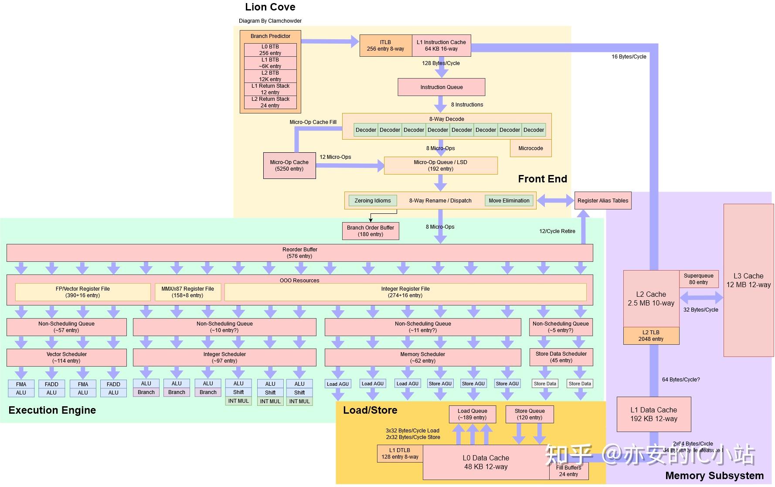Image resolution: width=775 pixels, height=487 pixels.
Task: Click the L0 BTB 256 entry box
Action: pos(270,50)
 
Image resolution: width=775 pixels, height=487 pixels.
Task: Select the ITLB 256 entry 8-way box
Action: pos(385,46)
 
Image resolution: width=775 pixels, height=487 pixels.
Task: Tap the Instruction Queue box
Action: pos(441,87)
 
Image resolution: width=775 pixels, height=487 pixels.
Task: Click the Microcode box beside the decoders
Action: pos(530,148)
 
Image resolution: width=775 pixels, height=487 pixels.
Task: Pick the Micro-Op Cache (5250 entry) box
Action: pos(289,165)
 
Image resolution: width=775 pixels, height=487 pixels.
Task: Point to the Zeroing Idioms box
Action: pos(373,201)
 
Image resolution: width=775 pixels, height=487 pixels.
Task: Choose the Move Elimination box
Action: pos(509,201)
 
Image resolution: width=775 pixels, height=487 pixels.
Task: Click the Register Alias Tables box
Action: pos(603,201)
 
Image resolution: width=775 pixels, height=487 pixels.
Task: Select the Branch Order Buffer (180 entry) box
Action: pos(371,231)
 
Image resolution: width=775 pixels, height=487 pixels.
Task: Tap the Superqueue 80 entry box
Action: pos(698,279)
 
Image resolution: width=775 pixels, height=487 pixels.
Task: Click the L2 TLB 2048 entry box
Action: pos(651,336)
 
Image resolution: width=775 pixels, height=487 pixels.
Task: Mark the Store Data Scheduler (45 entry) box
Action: pos(561,357)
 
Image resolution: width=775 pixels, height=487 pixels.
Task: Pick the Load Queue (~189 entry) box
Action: pos(472,414)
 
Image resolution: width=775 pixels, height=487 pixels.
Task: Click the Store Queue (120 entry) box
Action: pos(530,414)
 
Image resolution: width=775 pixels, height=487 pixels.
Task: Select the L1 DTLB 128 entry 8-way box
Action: pos(400,453)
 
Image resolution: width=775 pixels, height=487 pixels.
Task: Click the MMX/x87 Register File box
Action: pos(188,292)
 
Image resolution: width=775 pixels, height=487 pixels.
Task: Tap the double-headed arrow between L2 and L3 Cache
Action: pos(701,298)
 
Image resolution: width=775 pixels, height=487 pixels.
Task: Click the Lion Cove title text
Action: pos(270,7)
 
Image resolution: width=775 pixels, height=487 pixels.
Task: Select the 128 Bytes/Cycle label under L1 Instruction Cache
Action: pos(441,63)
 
